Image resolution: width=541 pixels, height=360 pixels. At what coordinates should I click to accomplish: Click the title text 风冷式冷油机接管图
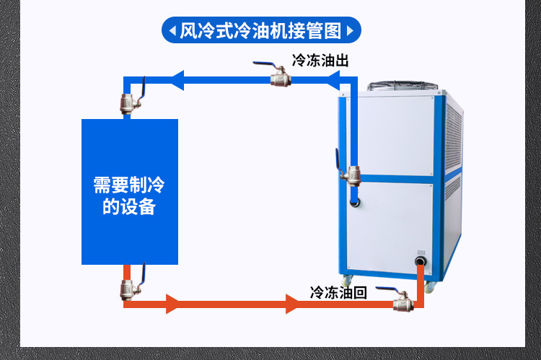tap(260, 30)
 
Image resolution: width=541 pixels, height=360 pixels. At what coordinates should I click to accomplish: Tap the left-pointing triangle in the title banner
tap(172, 31)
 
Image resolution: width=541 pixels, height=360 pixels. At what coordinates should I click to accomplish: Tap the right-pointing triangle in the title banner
tap(350, 31)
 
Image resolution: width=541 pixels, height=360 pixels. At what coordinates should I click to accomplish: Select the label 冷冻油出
tap(320, 60)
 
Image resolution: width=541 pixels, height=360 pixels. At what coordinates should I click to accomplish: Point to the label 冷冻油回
tap(338, 292)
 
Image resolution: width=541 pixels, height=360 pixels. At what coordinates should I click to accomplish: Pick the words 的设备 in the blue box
tap(129, 206)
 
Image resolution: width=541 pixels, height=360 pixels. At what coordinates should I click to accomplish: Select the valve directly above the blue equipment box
tap(132, 97)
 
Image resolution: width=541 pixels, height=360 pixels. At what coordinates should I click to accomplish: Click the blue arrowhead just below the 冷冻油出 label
tap(333, 80)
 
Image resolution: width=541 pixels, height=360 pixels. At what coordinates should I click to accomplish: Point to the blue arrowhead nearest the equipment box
tap(177, 80)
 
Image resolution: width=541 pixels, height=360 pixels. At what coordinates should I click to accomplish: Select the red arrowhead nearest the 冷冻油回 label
tap(292, 304)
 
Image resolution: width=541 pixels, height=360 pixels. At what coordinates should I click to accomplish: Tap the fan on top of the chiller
tap(403, 87)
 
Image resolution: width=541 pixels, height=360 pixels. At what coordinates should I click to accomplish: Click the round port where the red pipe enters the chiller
tap(420, 261)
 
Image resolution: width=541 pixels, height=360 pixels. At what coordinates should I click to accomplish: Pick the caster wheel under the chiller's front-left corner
tap(347, 280)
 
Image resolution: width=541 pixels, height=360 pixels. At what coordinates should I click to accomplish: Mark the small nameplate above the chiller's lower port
tap(421, 253)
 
